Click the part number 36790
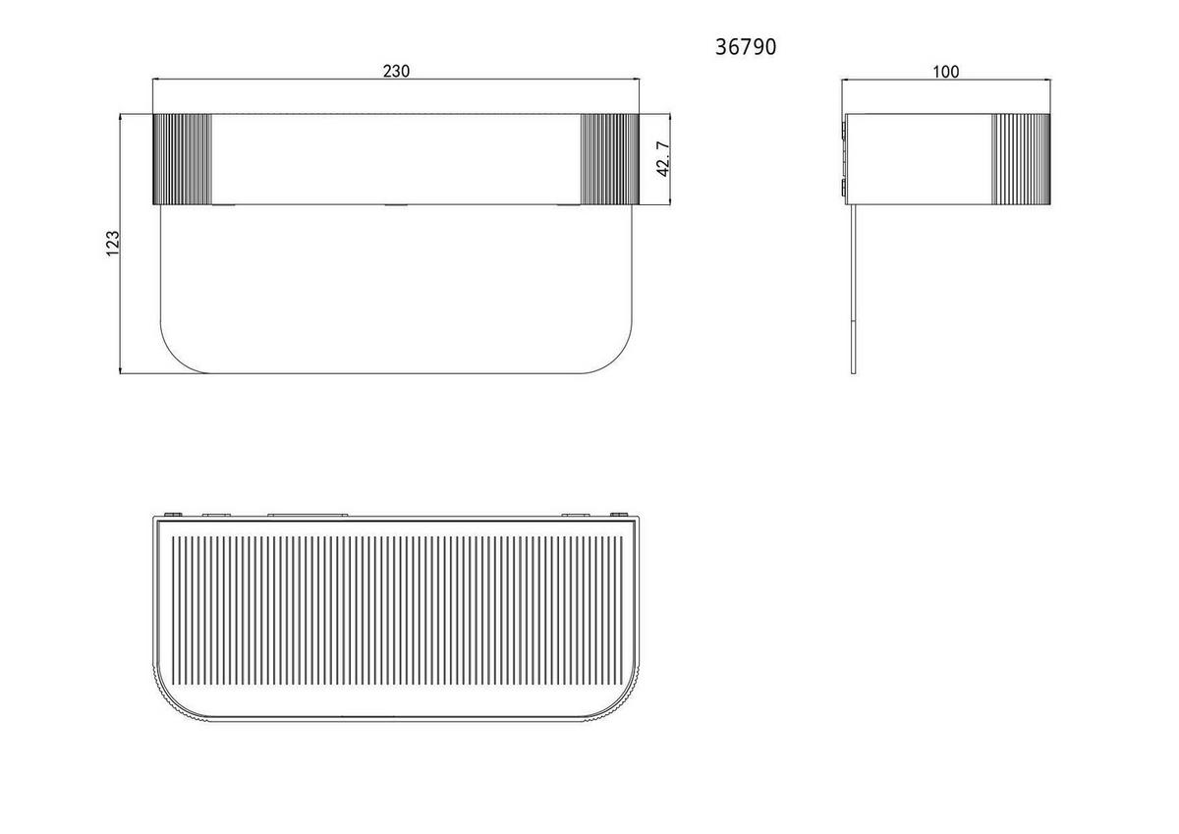(x=746, y=47)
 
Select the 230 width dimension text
(x=396, y=71)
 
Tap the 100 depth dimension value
(x=946, y=72)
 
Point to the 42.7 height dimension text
(x=663, y=159)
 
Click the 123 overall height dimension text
(x=113, y=244)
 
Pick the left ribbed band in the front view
(x=182, y=159)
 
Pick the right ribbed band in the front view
(x=609, y=159)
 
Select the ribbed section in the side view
(x=1021, y=159)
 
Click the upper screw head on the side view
(x=844, y=132)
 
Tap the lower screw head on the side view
(x=844, y=187)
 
